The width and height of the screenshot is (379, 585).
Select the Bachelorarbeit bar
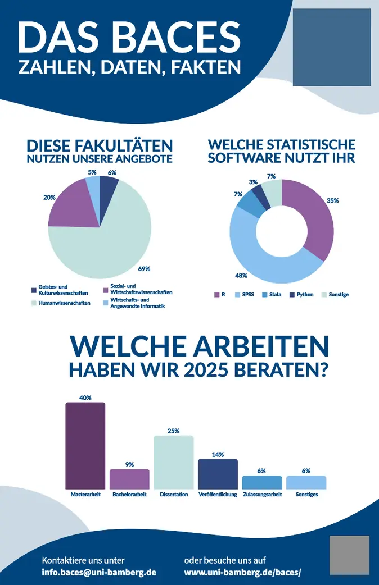pyautogui.click(x=129, y=479)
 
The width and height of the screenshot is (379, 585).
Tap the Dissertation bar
pyautogui.click(x=174, y=462)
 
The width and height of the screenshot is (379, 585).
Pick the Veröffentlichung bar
pyautogui.click(x=218, y=474)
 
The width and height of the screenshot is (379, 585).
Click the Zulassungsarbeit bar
pyautogui.click(x=261, y=482)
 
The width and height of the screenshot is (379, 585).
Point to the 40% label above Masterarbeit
pyautogui.click(x=85, y=397)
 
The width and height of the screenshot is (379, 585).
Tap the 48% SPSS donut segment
pyautogui.click(x=264, y=264)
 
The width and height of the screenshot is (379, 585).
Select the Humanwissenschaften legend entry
pyautogui.click(x=65, y=303)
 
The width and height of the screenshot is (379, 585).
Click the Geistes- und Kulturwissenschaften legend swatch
pyautogui.click(x=34, y=290)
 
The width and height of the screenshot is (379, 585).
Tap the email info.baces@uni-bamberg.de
pyautogui.click(x=99, y=572)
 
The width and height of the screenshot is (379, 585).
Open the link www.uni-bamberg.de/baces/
pyautogui.click(x=243, y=572)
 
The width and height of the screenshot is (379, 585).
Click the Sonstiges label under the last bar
pyautogui.click(x=306, y=495)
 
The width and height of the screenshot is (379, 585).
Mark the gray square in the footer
pyautogui.click(x=349, y=555)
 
